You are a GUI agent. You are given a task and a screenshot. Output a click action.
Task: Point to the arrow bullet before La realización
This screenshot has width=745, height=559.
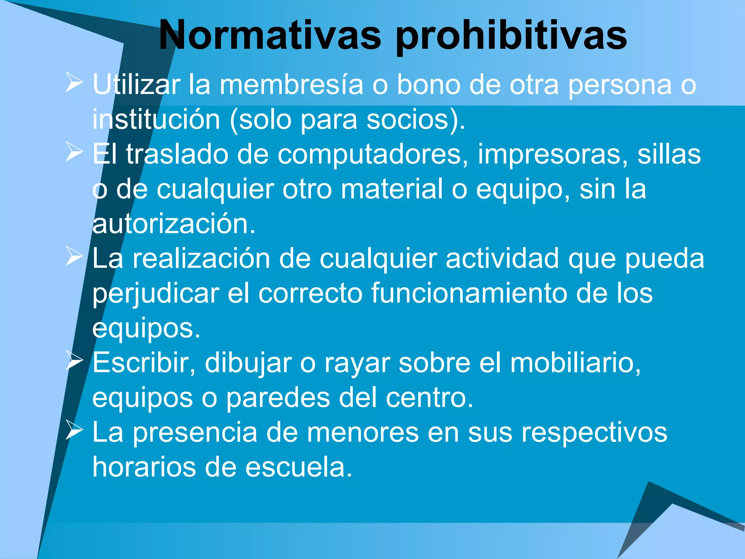click(74, 257)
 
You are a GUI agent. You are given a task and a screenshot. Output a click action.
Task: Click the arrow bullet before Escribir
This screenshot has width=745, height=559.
click(74, 361)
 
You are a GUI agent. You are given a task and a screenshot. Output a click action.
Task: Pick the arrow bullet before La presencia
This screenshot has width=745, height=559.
click(74, 430)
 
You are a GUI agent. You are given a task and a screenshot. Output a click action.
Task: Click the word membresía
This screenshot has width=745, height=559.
click(291, 84)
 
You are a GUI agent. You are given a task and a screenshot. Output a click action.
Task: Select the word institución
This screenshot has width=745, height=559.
click(156, 119)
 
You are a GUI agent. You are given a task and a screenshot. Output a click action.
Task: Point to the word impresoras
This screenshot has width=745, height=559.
click(553, 154)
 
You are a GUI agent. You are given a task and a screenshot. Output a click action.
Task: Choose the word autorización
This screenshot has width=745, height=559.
click(174, 224)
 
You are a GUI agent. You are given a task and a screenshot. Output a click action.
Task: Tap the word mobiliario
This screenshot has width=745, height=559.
click(575, 363)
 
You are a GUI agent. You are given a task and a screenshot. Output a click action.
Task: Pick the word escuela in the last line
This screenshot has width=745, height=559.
click(298, 467)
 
